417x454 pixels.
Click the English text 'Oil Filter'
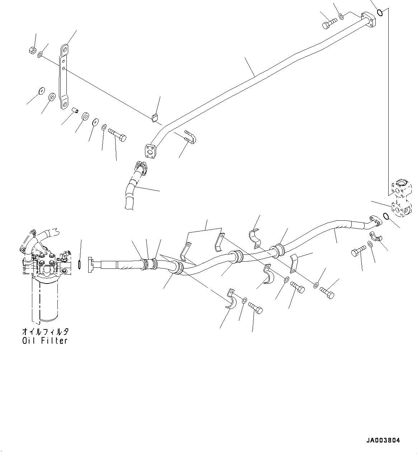click(44, 341)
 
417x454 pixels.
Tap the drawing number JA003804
click(383, 440)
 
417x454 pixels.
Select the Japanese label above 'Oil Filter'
click(44, 331)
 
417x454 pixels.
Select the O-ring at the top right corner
click(381, 14)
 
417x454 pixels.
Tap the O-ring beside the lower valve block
click(386, 216)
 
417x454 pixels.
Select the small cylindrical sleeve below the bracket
click(75, 111)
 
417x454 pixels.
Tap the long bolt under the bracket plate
click(117, 136)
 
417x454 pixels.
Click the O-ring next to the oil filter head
click(79, 265)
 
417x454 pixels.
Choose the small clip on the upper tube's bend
click(154, 117)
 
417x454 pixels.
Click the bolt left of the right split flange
click(358, 251)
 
